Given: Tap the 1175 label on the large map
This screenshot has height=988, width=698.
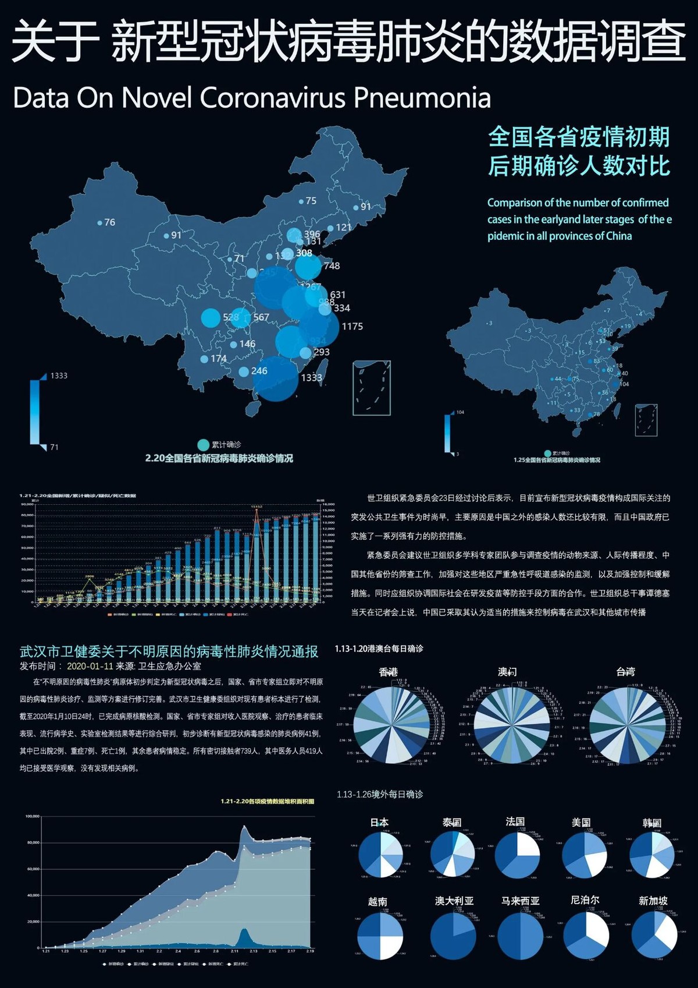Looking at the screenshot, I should pyautogui.click(x=352, y=327).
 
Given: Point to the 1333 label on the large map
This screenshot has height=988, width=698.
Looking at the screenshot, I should pyautogui.click(x=311, y=378).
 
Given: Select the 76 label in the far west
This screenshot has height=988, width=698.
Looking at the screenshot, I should pyautogui.click(x=109, y=222).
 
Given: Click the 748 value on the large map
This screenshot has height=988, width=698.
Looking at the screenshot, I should pyautogui.click(x=332, y=266).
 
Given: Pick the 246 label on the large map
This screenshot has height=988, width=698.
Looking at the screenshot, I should pyautogui.click(x=259, y=371).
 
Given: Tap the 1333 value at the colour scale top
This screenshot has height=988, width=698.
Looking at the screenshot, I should pyautogui.click(x=59, y=376).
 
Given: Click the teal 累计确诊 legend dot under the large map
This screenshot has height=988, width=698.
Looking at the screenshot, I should pyautogui.click(x=203, y=445).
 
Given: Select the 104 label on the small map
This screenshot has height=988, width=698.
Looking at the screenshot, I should pyautogui.click(x=624, y=384).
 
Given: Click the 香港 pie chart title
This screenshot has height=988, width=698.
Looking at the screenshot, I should pyautogui.click(x=388, y=672).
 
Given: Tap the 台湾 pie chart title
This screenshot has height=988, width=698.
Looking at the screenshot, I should pyautogui.click(x=625, y=672).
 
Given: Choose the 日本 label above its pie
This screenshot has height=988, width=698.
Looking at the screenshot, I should pyautogui.click(x=379, y=823).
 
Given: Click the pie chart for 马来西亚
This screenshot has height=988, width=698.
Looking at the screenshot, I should pyautogui.click(x=520, y=936).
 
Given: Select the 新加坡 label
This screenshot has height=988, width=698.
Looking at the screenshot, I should pyautogui.click(x=653, y=901).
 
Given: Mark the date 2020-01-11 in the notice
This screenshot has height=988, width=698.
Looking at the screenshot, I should pyautogui.click(x=90, y=666).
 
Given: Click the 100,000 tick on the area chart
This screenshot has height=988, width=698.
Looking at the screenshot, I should pyautogui.click(x=32, y=816).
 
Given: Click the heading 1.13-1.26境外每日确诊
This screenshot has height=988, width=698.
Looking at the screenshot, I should pyautogui.click(x=380, y=795).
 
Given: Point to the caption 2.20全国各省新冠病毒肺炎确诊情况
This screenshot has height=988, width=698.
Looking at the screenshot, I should pyautogui.click(x=219, y=459).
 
